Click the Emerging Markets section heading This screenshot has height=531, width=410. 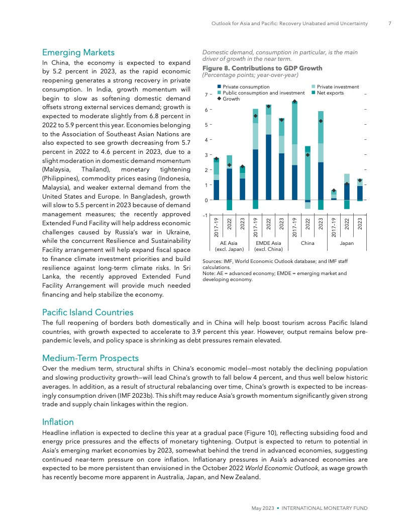[78, 52]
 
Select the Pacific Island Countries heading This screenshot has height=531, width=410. [88, 313]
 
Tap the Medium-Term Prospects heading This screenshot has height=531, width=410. [90, 358]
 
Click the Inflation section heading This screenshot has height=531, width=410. [58, 422]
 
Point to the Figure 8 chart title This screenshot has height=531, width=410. [262, 68]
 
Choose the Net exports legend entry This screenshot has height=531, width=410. [327, 93]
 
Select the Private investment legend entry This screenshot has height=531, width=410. [335, 87]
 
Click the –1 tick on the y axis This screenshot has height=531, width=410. [206, 216]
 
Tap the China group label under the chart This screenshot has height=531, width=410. [307, 243]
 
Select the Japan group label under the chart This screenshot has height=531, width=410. [347, 243]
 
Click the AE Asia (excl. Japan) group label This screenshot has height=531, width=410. [229, 246]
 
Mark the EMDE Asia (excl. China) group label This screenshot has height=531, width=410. [268, 246]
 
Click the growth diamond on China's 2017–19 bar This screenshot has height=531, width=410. [295, 102]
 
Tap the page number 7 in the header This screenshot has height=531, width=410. [390, 23]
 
